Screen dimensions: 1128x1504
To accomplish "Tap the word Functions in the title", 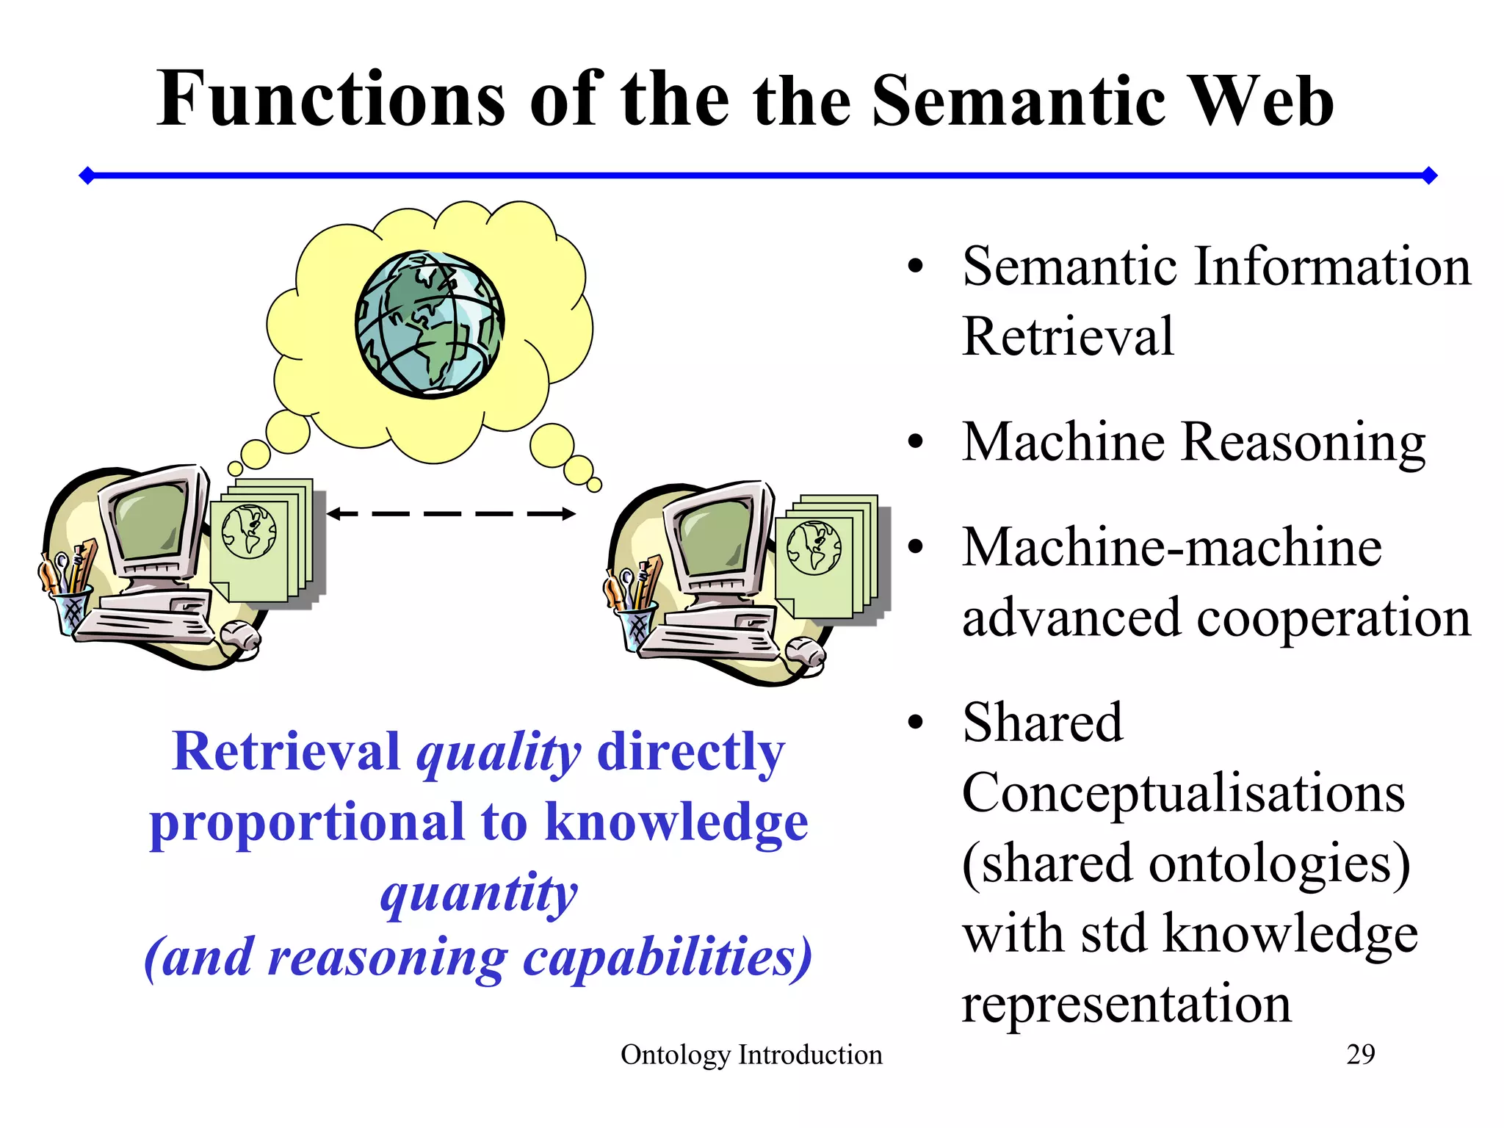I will [330, 99].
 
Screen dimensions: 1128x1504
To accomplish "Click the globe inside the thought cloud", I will [430, 324].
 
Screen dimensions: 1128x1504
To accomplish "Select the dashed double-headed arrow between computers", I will [450, 514].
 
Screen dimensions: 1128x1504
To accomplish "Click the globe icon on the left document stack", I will [249, 531].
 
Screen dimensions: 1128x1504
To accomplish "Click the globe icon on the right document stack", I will [814, 547].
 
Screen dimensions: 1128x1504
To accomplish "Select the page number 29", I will [1360, 1055].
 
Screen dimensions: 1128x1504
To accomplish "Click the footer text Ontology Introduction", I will [751, 1055].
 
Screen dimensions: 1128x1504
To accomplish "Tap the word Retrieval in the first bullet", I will [1068, 336].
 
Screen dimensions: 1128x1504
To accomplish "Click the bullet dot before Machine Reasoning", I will [915, 442].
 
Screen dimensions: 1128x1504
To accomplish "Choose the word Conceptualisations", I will [1183, 793].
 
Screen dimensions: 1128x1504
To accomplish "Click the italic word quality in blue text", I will [499, 753].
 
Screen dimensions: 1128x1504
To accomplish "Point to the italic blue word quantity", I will [479, 893].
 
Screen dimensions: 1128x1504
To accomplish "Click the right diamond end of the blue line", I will [1428, 176].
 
